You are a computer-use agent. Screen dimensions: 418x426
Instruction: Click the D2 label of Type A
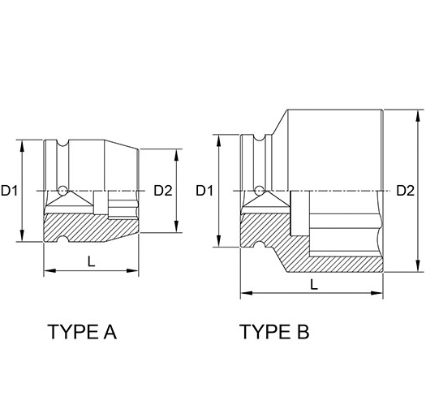click(162, 192)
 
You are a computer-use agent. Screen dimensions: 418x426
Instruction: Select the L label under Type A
click(91, 261)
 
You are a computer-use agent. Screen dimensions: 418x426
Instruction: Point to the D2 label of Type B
click(405, 192)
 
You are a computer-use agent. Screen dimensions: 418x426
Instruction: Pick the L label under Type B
click(313, 284)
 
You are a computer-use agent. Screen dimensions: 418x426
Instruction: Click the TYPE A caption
click(82, 332)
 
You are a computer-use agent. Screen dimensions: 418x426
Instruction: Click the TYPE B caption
click(274, 332)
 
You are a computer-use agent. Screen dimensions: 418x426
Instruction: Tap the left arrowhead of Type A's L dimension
click(46, 269)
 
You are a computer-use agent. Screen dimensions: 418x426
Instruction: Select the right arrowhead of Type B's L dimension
click(381, 293)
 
